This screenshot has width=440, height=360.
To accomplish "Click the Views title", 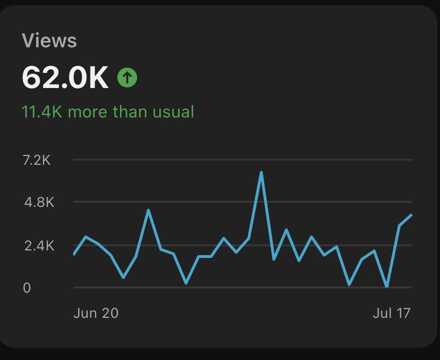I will pyautogui.click(x=49, y=41).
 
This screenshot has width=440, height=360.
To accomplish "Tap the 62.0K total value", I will pyautogui.click(x=65, y=78).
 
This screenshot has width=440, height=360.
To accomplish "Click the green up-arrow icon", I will pyautogui.click(x=127, y=78).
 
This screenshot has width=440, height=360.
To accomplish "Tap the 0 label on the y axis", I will pyautogui.click(x=27, y=287).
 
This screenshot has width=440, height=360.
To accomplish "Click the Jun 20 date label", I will pyautogui.click(x=96, y=313).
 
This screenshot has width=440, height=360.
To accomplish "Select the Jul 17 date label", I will pyautogui.click(x=391, y=313).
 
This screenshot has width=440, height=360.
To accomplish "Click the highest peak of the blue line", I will pyautogui.click(x=261, y=172).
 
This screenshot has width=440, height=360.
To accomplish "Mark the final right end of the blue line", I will pyautogui.click(x=411, y=215).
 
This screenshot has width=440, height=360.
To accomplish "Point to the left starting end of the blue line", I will pyautogui.click(x=74, y=254).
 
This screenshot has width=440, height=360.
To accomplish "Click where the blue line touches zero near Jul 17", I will pyautogui.click(x=387, y=286).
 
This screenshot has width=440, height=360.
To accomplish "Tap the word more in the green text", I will pyautogui.click(x=89, y=112).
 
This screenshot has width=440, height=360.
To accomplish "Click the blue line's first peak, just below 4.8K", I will pyautogui.click(x=148, y=210).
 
